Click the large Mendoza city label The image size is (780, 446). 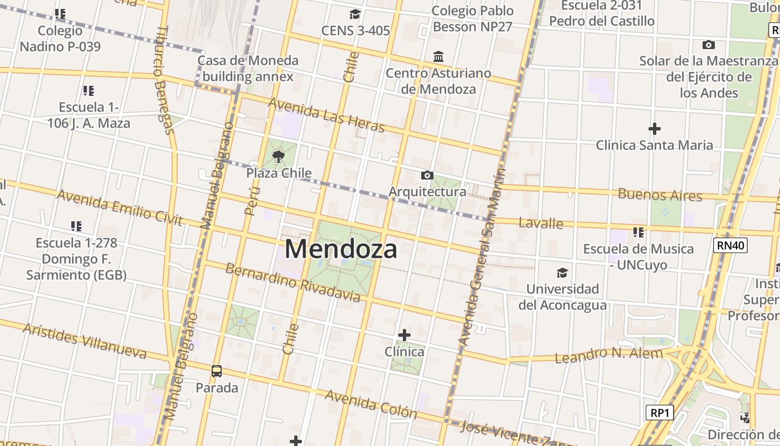(341, 249)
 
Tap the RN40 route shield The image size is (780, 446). (730, 245)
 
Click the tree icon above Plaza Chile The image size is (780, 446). (279, 157)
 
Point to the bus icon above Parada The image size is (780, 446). (217, 371)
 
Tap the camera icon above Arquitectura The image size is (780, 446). (427, 176)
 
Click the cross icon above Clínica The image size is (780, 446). (404, 335)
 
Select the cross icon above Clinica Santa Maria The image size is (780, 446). (655, 129)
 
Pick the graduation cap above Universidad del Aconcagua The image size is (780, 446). (562, 273)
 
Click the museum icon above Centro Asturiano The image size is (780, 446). (438, 57)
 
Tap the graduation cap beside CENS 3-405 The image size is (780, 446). (355, 14)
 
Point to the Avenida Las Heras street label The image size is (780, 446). (326, 115)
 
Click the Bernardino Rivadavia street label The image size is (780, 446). (292, 282)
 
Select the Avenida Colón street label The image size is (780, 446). (370, 404)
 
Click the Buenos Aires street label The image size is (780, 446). (660, 195)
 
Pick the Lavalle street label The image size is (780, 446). (540, 224)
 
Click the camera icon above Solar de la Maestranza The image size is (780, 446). (709, 45)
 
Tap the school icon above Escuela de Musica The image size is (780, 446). (638, 232)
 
